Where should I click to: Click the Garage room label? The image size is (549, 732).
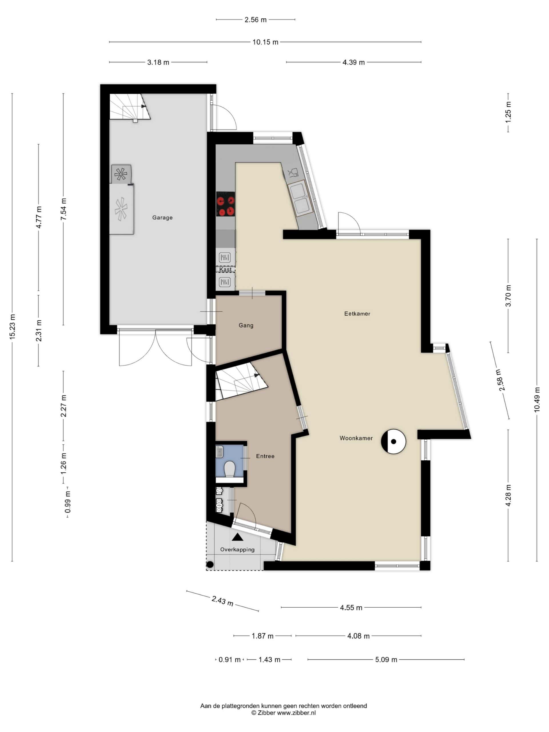[162, 217]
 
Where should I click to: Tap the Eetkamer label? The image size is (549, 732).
[357, 313]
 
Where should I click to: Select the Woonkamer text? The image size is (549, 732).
[356, 438]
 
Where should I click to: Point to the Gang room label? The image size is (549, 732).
[246, 325]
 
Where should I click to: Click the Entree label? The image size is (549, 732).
[265, 456]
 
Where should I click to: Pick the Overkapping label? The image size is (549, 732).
[237, 549]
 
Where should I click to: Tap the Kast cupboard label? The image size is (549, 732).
[225, 269]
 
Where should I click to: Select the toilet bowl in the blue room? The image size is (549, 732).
[229, 470]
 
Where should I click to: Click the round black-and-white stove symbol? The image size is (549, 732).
[393, 441]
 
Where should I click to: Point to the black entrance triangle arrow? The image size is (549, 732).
[237, 537]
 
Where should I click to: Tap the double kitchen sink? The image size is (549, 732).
[300, 198]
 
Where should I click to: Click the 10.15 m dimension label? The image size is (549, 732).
[265, 42]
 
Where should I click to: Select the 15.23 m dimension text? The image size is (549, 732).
[12, 326]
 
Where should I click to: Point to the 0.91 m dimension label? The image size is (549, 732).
[229, 660]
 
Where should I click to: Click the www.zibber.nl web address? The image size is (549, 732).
[296, 713]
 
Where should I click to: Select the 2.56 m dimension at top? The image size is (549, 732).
[255, 19]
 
